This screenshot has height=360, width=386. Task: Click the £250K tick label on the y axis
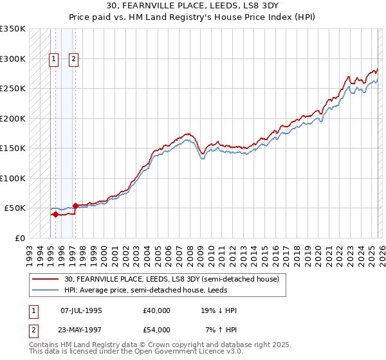click(x=13, y=89)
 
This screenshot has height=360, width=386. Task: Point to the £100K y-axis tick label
click(x=13, y=178)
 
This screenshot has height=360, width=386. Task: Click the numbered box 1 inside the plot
click(x=55, y=59)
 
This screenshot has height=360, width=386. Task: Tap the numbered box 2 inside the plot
click(x=74, y=59)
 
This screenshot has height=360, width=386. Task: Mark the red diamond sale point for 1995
click(x=55, y=214)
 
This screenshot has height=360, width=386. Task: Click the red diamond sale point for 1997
click(x=75, y=206)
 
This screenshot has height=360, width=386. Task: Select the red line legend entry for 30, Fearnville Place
click(x=171, y=280)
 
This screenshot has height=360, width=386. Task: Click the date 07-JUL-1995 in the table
click(x=81, y=310)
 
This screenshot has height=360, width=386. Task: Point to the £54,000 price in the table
click(x=157, y=330)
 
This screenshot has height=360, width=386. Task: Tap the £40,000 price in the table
click(x=157, y=310)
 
